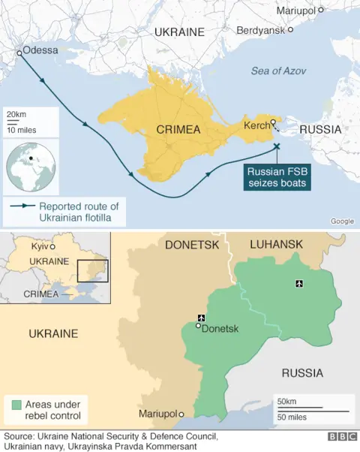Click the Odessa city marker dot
click(19, 53)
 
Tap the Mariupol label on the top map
click(295, 10)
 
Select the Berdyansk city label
click(260, 30)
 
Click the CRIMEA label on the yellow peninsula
click(178, 130)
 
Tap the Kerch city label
click(256, 125)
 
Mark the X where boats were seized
click(277, 146)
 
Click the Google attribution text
click(342, 221)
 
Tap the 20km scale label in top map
click(16, 113)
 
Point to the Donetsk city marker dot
click(199, 325)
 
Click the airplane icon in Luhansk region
click(300, 283)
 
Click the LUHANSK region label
click(277, 244)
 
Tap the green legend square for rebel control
click(16, 405)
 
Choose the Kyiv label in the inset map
click(39, 246)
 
